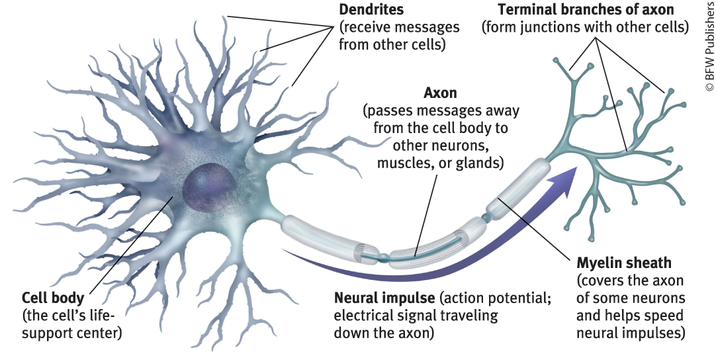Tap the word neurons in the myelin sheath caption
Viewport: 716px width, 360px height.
(662, 298)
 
